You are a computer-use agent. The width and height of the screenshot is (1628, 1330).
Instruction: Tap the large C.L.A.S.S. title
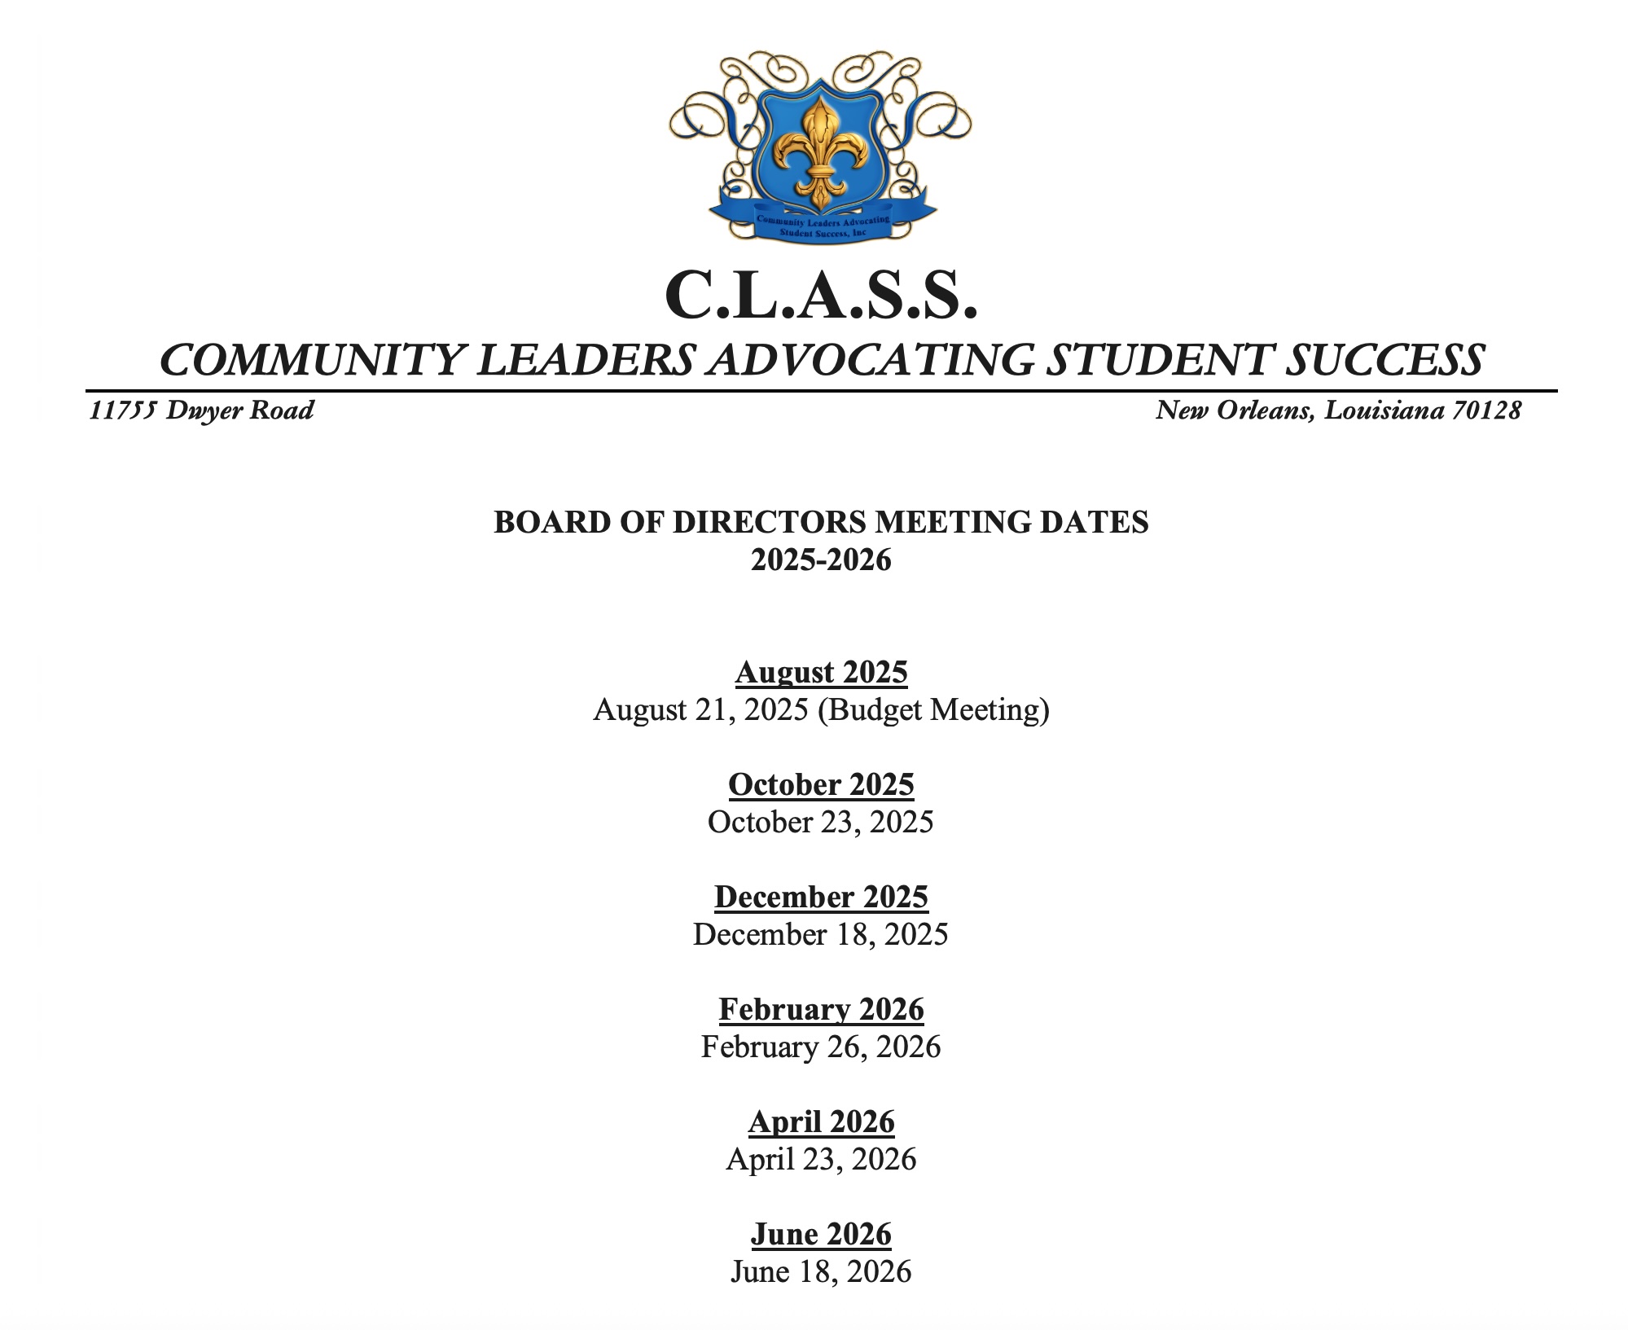[820, 295]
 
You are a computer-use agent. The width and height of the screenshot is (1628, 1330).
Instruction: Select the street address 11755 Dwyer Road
[201, 410]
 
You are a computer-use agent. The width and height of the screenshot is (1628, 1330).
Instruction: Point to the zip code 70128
[1487, 410]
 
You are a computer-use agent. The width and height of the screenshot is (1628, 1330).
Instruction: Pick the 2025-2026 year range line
[821, 560]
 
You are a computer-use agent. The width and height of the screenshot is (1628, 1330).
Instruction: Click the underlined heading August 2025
[821, 673]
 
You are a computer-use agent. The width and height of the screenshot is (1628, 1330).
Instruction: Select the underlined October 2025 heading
[821, 785]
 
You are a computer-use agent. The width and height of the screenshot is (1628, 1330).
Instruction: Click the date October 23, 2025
[820, 823]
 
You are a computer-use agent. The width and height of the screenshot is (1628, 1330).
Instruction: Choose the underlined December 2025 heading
[821, 898]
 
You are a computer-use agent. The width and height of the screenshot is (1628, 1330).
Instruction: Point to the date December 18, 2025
[820, 935]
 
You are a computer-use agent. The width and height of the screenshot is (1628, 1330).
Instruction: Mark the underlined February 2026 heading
[821, 1010]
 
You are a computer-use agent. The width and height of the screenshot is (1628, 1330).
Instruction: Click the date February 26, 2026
[820, 1047]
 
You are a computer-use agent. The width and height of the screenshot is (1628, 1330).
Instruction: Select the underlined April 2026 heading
[821, 1122]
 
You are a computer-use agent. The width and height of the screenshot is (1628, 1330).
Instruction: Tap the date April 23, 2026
[820, 1160]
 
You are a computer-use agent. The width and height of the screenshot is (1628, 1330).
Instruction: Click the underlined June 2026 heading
[821, 1235]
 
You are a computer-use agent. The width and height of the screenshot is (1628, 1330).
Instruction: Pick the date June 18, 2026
[820, 1272]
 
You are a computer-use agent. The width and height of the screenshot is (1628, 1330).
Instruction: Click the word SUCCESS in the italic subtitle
[1384, 360]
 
